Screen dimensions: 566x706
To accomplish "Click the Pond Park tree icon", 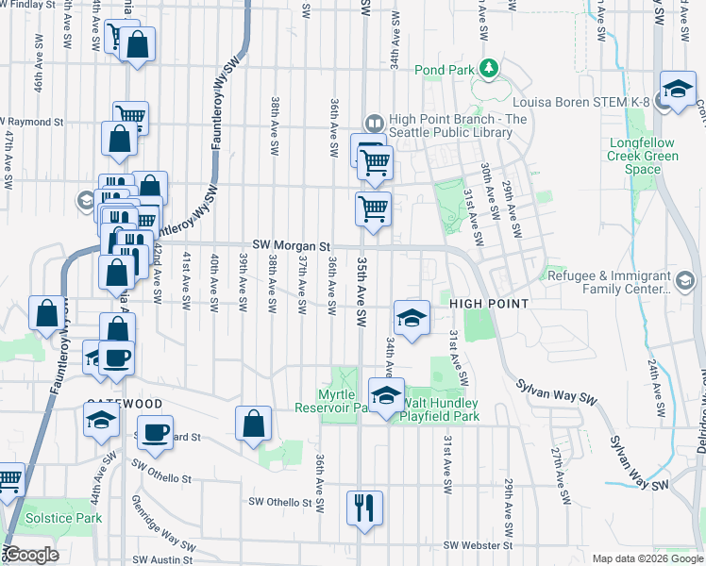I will [x=488, y=68].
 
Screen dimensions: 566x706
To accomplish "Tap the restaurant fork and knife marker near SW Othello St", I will [x=363, y=507].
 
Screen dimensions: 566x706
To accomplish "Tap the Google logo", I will [x=32, y=554].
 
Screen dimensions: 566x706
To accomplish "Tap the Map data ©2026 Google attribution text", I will [x=647, y=558].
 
